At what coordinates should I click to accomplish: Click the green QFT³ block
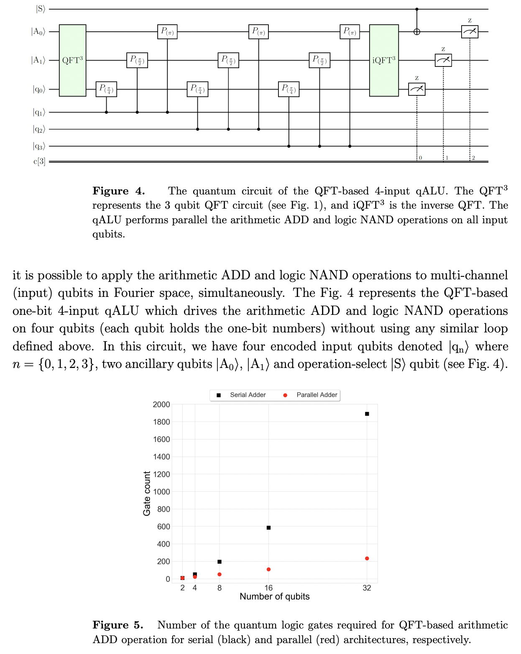(72, 60)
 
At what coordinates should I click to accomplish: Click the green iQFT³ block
(384, 60)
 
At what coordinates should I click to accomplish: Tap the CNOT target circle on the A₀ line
(416, 31)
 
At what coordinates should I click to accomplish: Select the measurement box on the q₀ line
(416, 89)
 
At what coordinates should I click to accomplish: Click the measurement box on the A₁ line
(443, 60)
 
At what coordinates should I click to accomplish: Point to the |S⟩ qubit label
(40, 9)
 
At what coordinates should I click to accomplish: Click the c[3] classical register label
(39, 161)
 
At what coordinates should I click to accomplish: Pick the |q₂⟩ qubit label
(39, 129)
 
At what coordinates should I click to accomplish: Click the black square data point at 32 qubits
(367, 414)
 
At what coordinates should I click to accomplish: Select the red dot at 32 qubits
(367, 559)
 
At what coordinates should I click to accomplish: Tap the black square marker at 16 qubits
(268, 528)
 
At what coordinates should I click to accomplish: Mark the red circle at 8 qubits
(220, 575)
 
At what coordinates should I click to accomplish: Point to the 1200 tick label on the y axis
(161, 474)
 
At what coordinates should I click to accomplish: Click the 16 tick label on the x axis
(268, 588)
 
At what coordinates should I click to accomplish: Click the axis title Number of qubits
(274, 597)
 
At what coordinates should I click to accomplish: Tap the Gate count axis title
(147, 493)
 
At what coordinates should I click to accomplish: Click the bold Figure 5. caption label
(118, 625)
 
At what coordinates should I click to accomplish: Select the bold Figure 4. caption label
(119, 191)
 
